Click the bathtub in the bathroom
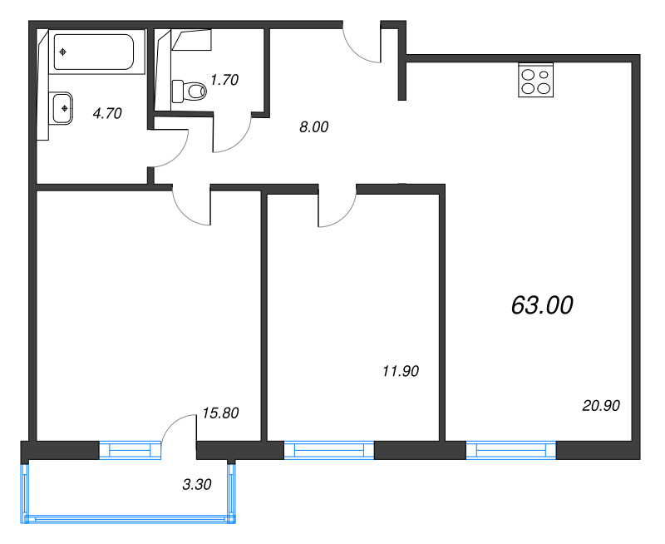(x=94, y=52)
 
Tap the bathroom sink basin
(x=63, y=109)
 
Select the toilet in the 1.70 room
(x=189, y=91)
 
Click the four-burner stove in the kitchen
(x=535, y=80)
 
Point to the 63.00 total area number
(x=542, y=305)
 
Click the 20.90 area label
(x=601, y=406)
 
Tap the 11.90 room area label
(x=401, y=371)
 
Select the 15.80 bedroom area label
(x=220, y=413)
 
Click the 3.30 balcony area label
(x=197, y=484)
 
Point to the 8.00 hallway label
(x=314, y=127)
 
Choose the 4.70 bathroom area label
(x=107, y=113)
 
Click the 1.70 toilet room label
(x=224, y=79)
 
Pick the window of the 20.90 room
(x=511, y=450)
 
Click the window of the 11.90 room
(x=329, y=450)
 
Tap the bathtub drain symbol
(x=63, y=52)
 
